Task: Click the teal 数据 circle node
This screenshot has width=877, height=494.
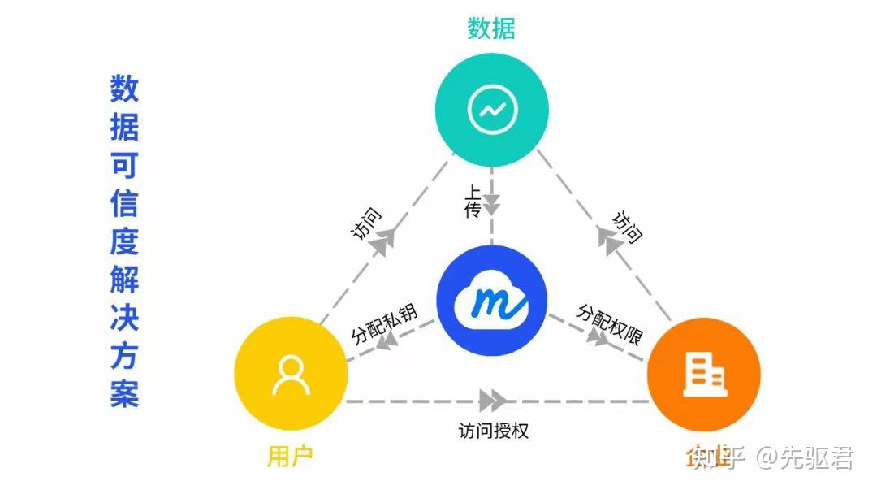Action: click(491, 110)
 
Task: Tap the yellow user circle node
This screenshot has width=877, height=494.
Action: click(291, 375)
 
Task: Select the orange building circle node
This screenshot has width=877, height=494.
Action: click(703, 375)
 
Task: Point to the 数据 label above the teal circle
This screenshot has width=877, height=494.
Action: click(491, 29)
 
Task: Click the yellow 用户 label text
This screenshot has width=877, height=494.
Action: click(290, 456)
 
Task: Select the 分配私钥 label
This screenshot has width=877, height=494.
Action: click(383, 324)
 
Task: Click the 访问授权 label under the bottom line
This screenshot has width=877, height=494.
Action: click(494, 431)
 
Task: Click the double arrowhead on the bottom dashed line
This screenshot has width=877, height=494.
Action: click(493, 401)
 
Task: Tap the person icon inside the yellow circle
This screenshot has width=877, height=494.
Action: click(291, 375)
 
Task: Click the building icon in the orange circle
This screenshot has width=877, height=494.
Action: click(704, 375)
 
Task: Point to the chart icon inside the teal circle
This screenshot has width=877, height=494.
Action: click(491, 110)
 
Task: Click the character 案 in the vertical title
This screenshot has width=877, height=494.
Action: click(124, 392)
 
